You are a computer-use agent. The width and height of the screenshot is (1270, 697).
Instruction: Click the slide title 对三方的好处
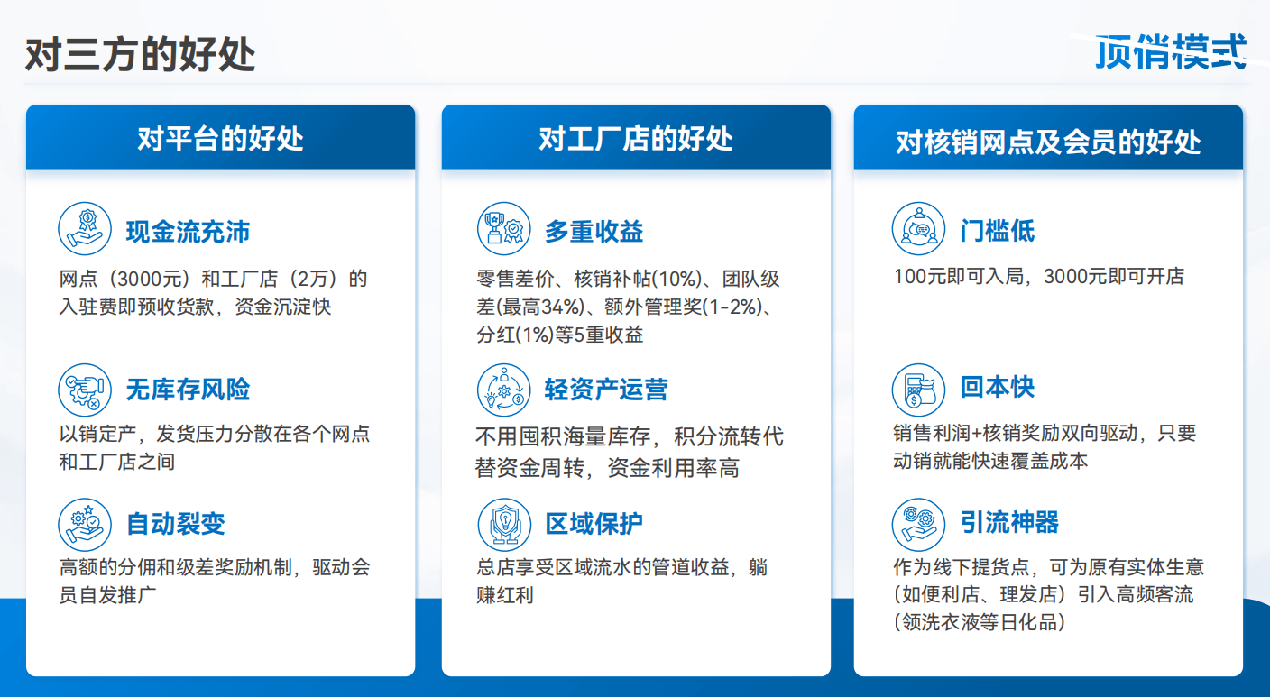(140, 55)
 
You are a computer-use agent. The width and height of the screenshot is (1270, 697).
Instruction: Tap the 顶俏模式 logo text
(1171, 51)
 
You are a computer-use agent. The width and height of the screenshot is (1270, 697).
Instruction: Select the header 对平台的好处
(221, 139)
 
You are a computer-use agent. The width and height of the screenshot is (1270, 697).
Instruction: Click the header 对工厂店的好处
(636, 139)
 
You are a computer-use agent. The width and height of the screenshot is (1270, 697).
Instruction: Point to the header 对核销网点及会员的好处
(1048, 142)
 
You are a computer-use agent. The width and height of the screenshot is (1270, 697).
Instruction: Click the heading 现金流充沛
(188, 232)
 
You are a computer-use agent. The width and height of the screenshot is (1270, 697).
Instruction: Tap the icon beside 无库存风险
(85, 390)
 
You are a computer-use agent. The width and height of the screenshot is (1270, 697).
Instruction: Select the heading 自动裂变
(175, 524)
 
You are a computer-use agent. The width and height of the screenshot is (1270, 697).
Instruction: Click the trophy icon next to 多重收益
(503, 229)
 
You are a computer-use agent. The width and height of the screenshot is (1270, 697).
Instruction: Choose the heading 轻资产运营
(606, 390)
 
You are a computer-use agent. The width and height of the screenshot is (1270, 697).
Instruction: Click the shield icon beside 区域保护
(504, 525)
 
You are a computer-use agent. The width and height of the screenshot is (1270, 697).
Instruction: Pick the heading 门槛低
(998, 231)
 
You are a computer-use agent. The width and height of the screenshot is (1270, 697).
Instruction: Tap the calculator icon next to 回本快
(918, 390)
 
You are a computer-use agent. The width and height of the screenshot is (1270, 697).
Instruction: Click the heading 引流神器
(1009, 522)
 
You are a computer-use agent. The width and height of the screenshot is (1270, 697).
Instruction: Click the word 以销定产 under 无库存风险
(97, 434)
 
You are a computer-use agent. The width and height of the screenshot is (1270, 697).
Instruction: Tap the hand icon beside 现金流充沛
(85, 229)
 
